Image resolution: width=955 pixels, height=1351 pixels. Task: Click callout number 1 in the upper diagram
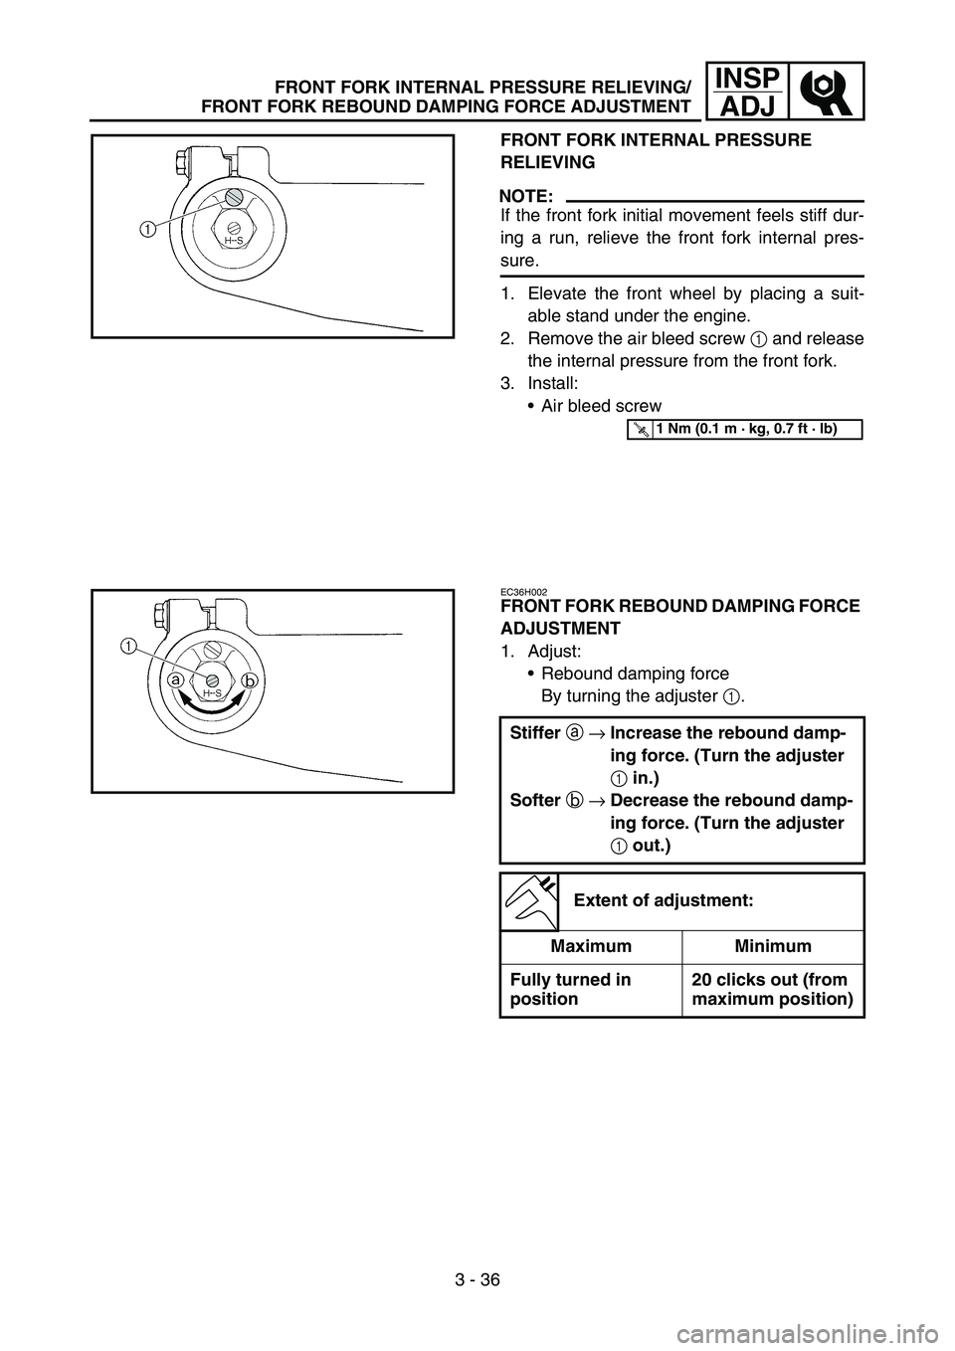point(146,230)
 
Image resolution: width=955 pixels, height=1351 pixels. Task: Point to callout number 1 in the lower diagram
point(129,646)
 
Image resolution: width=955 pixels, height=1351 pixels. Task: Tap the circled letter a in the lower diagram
point(174,680)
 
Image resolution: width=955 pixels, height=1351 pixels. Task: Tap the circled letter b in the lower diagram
point(248,680)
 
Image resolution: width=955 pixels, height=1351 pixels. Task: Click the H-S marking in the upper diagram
point(233,240)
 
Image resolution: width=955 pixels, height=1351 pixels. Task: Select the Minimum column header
point(772,946)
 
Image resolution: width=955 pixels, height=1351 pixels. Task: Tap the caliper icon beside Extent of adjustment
point(528,900)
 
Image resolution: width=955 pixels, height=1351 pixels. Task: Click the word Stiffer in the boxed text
point(535,733)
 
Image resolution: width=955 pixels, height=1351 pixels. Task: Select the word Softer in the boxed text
point(533,801)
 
